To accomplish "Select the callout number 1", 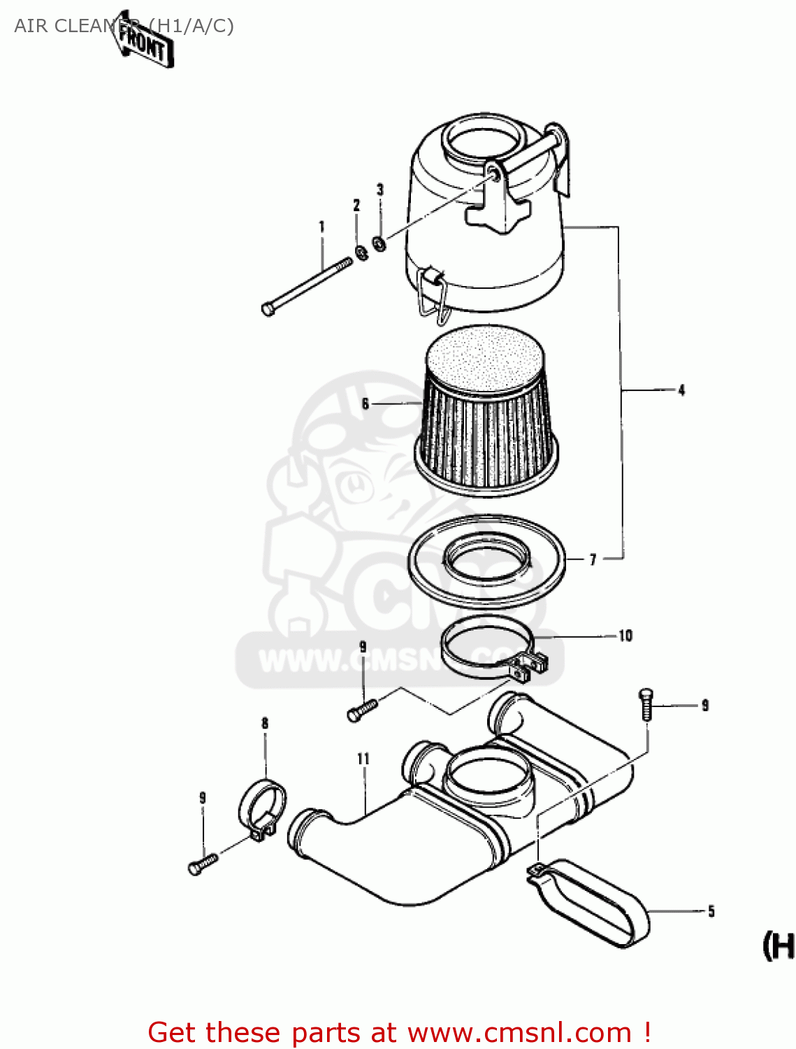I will [x=321, y=227].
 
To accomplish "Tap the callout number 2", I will [x=356, y=205].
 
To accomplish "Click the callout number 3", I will [x=380, y=190].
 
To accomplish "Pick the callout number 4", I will [x=681, y=390].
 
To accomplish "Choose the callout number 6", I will [x=365, y=404].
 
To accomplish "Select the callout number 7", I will [x=593, y=559].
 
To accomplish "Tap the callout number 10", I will [x=625, y=636].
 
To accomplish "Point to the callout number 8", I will [x=265, y=723].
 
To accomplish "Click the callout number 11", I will [x=363, y=759].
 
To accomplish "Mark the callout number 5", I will [x=711, y=911].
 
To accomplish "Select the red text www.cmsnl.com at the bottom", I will [x=519, y=1033].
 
